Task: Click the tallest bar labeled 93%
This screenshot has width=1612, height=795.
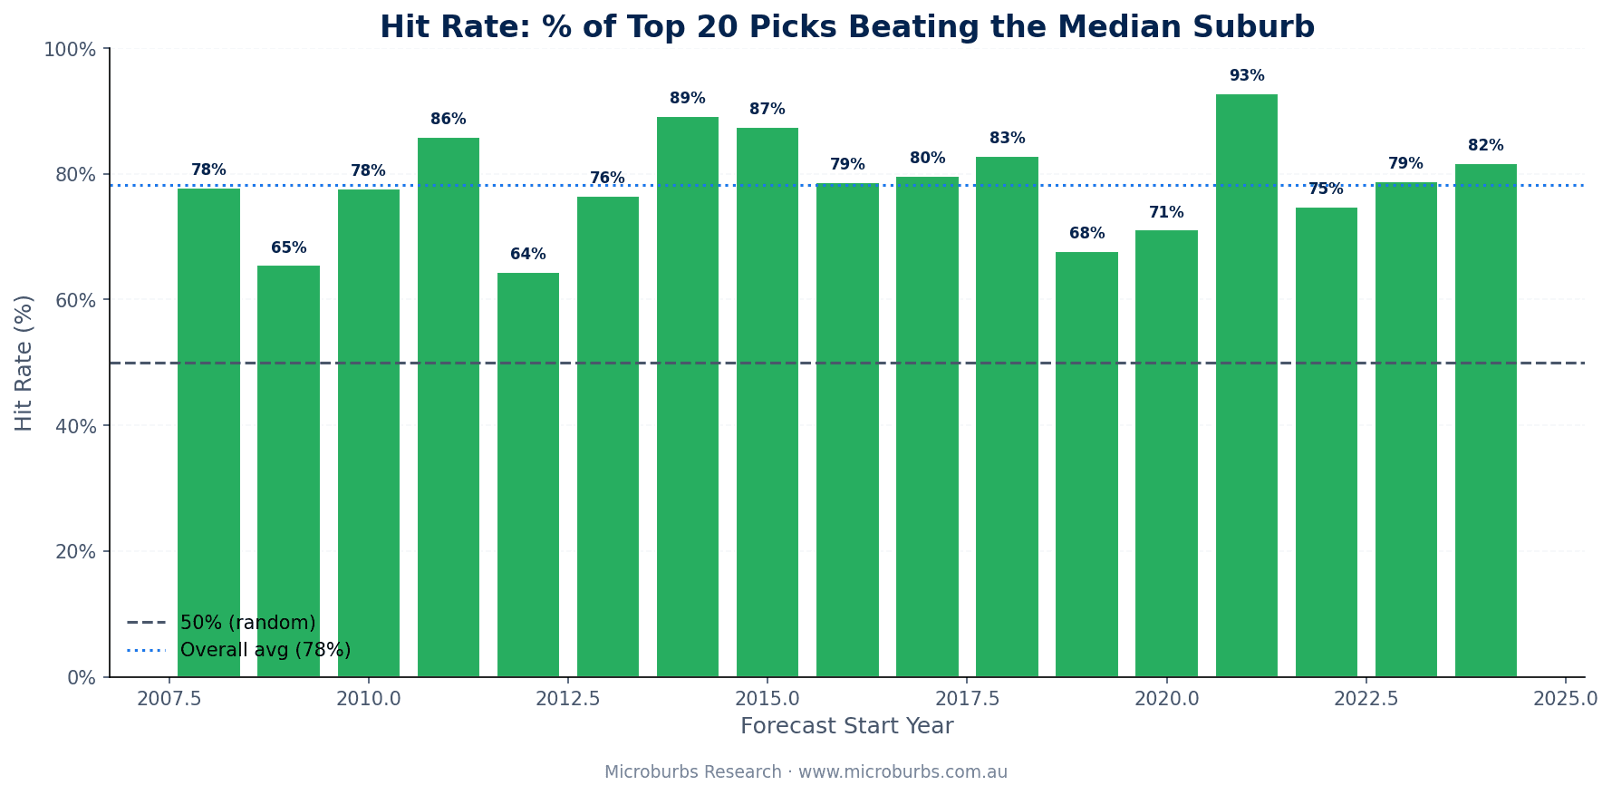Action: click(x=1246, y=385)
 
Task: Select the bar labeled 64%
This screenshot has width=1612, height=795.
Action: click(x=528, y=475)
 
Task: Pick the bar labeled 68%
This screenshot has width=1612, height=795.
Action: click(x=1086, y=464)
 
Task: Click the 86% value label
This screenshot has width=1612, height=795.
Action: click(x=449, y=120)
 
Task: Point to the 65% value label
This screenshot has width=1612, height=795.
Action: click(x=289, y=248)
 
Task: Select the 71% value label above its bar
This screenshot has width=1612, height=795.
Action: click(x=1166, y=213)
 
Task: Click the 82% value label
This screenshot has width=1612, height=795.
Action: click(x=1485, y=146)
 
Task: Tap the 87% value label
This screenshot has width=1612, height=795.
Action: click(x=767, y=110)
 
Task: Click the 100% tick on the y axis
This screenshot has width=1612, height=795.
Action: click(x=70, y=50)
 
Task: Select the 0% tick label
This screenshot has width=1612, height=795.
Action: click(x=82, y=678)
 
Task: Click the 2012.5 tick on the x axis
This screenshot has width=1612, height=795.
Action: click(x=567, y=700)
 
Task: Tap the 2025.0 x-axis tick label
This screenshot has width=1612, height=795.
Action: click(x=1565, y=700)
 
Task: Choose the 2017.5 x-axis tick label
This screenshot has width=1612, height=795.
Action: click(x=967, y=700)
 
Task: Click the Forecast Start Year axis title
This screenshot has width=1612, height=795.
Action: click(x=846, y=727)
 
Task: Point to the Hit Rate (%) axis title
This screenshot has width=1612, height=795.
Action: click(x=24, y=363)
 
